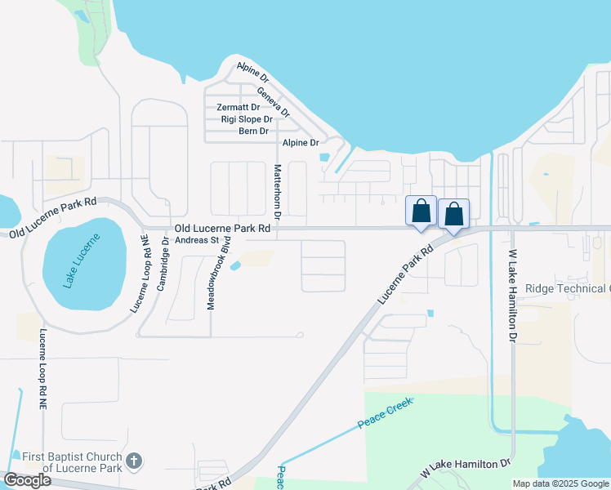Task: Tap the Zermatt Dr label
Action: tap(238, 107)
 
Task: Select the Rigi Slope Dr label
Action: tap(247, 119)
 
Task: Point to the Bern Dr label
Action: tap(253, 131)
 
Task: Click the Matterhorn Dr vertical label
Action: tap(277, 194)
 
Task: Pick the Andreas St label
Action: tap(198, 240)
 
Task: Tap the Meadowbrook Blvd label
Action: tap(220, 273)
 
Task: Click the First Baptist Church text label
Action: tap(72, 462)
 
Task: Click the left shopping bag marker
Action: tap(421, 211)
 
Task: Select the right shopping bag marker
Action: tap(454, 214)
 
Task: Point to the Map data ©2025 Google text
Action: tap(560, 483)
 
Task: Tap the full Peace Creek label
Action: tap(385, 414)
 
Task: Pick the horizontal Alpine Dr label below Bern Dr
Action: tap(300, 143)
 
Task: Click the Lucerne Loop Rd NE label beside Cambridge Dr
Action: tap(141, 274)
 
